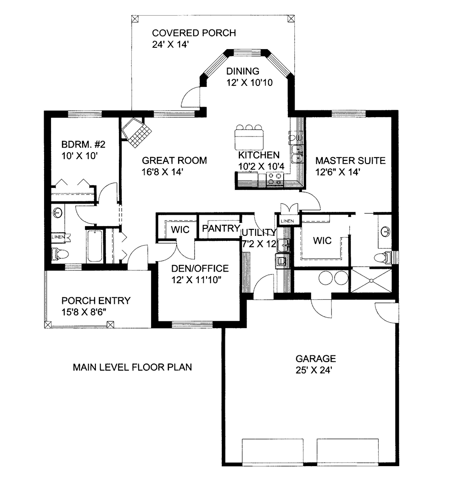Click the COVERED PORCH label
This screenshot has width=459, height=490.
click(194, 33)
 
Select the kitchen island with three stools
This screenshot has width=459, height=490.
click(249, 137)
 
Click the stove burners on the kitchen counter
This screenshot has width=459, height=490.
click(275, 178)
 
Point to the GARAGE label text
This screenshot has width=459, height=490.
click(315, 359)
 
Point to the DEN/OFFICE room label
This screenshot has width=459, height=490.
click(199, 269)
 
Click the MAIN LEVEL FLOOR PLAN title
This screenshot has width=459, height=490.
click(132, 367)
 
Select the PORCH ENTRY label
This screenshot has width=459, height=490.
click(96, 301)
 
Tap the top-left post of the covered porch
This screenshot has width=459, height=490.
click(134, 19)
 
